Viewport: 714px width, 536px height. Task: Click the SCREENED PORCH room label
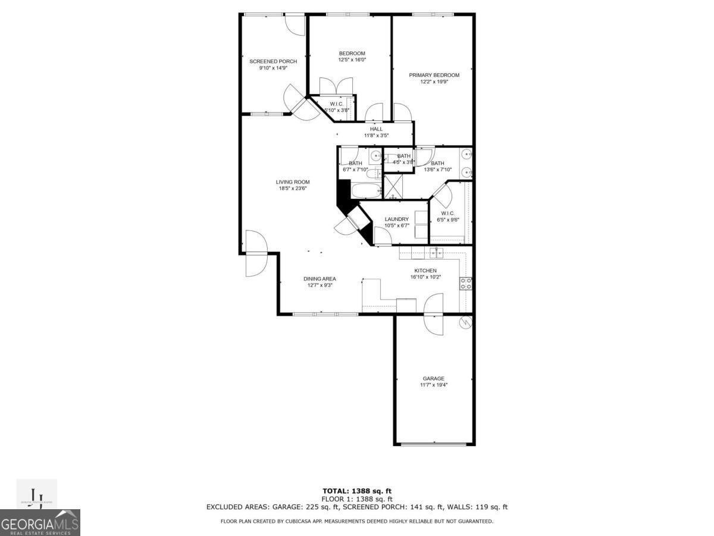click(273, 61)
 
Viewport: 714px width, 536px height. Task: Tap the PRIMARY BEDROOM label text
click(434, 75)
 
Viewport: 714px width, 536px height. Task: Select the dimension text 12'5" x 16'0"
click(352, 60)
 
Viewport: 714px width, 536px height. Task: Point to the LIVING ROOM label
click(292, 182)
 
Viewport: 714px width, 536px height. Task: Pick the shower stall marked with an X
click(393, 186)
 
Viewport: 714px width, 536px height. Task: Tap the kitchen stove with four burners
click(465, 283)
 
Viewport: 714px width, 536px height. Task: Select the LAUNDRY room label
click(396, 219)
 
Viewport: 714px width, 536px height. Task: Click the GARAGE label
click(433, 378)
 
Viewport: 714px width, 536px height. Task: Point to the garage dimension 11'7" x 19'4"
click(433, 385)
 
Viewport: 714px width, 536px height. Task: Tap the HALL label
click(376, 129)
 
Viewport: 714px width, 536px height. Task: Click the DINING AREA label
click(320, 279)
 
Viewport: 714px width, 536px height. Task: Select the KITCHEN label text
click(425, 270)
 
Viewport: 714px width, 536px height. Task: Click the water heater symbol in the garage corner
click(465, 323)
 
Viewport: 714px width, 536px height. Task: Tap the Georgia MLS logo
click(40, 522)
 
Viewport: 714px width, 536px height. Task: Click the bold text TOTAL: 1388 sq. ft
click(356, 491)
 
